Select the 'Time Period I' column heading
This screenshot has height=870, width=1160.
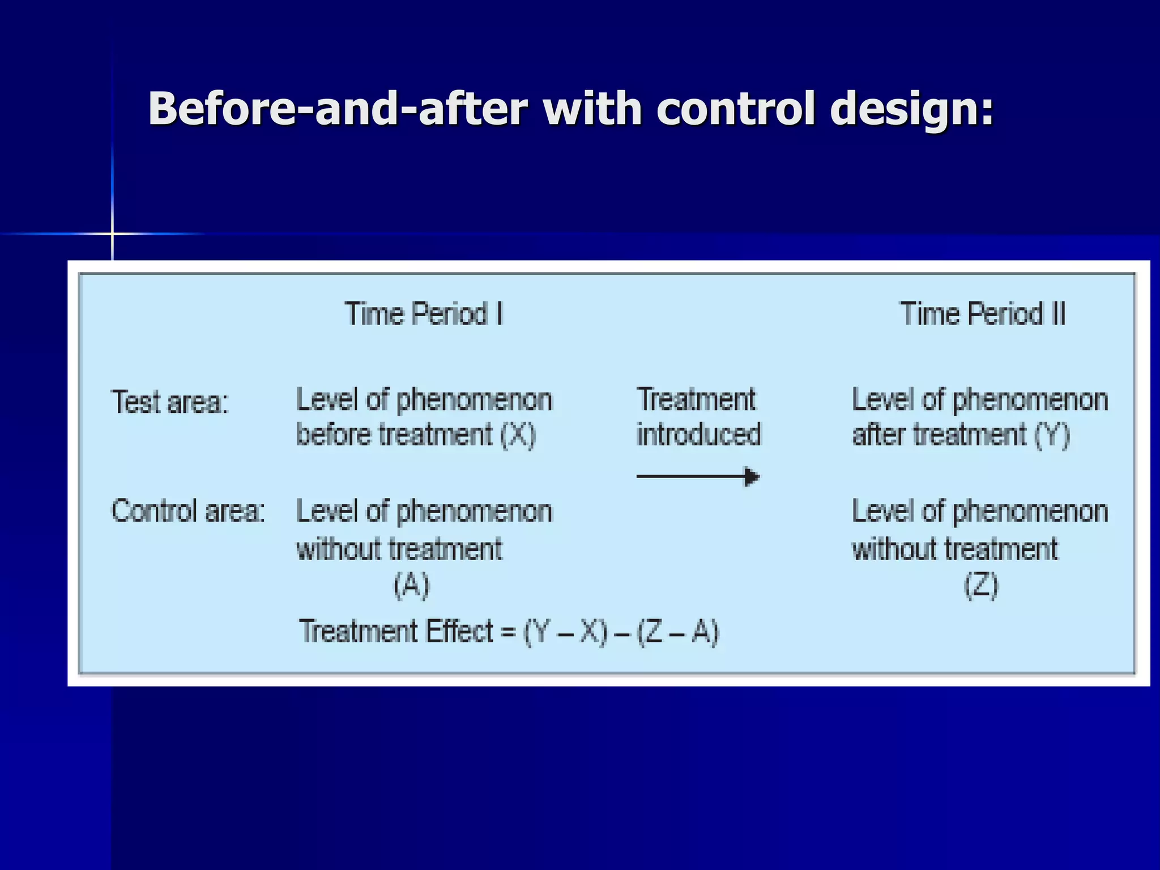click(424, 314)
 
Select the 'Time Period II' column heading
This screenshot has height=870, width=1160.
click(983, 314)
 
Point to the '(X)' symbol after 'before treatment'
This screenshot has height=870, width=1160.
click(518, 436)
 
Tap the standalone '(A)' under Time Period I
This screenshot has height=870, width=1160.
click(412, 585)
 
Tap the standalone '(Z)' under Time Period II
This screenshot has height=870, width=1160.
click(981, 585)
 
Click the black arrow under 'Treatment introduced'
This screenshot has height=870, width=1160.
click(698, 476)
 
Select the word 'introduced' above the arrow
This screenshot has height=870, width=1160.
click(698, 435)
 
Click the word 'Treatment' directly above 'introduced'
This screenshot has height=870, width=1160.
click(696, 399)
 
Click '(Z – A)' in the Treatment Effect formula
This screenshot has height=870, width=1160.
click(677, 632)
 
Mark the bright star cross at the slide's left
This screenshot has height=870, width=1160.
click(112, 233)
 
